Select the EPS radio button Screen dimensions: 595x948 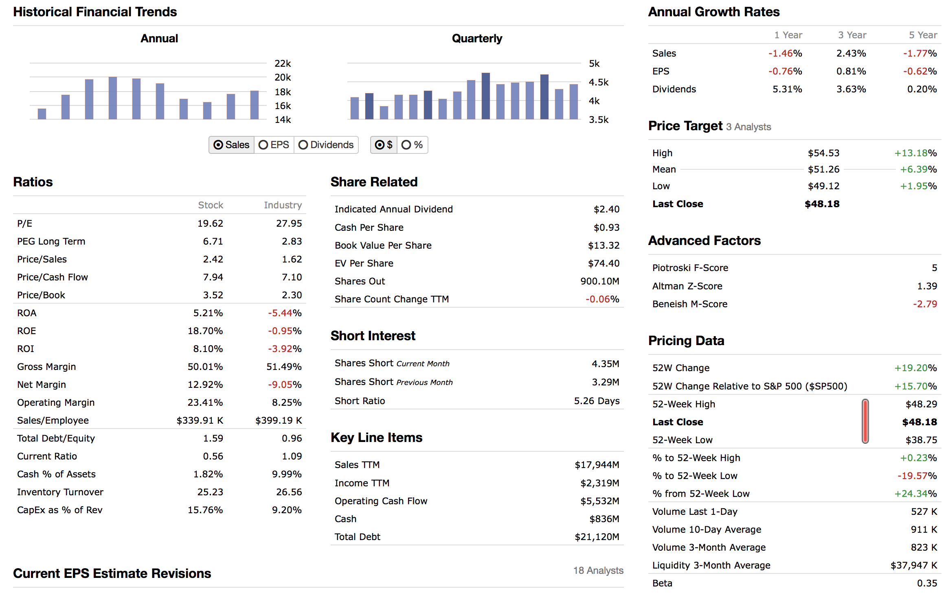pyautogui.click(x=263, y=145)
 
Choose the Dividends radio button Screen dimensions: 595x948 pyautogui.click(x=303, y=145)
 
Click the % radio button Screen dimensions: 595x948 pyautogui.click(x=406, y=145)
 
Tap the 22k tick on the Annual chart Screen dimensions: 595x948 pyautogui.click(x=283, y=63)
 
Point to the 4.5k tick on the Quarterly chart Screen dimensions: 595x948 pyautogui.click(x=598, y=82)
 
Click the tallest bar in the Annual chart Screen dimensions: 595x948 pyautogui.click(x=113, y=98)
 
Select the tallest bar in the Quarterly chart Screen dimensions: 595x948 pyautogui.click(x=485, y=96)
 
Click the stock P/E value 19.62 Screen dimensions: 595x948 pyautogui.click(x=210, y=223)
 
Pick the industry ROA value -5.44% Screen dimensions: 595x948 pyautogui.click(x=285, y=313)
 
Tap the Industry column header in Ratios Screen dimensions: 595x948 pyautogui.click(x=283, y=205)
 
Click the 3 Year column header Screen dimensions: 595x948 pyautogui.click(x=852, y=35)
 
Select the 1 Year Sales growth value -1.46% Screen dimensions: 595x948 pyautogui.click(x=785, y=53)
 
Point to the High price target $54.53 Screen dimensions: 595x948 pyautogui.click(x=823, y=153)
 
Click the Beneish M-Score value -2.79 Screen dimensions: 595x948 pyautogui.click(x=925, y=304)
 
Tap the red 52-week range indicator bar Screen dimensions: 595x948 pyautogui.click(x=865, y=421)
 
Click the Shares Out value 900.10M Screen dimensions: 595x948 pyautogui.click(x=599, y=281)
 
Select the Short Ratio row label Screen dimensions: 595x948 pyautogui.click(x=360, y=401)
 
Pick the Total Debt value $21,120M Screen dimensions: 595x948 pyautogui.click(x=597, y=537)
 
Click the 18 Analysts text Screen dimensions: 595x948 pyautogui.click(x=598, y=571)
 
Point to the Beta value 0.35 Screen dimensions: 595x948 pyautogui.click(x=927, y=583)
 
